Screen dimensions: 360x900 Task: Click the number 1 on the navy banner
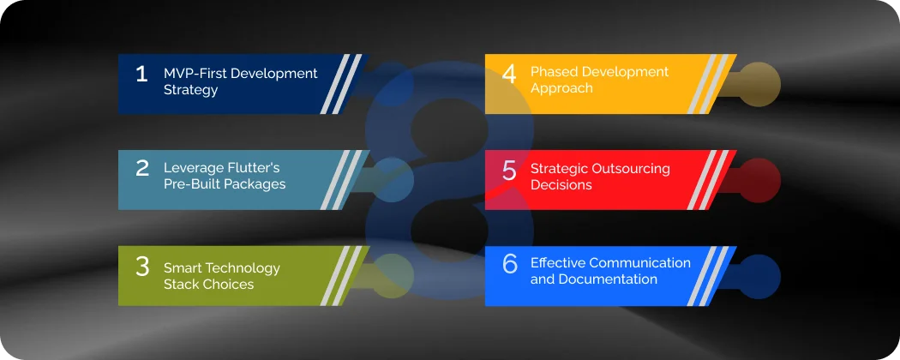coord(141,75)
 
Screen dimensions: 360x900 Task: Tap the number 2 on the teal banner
coord(142,169)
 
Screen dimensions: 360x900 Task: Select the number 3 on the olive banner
coord(142,267)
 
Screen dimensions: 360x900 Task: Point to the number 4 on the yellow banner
coord(509,75)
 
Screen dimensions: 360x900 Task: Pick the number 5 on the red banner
coord(509,171)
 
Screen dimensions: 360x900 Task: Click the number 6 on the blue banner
coord(510,264)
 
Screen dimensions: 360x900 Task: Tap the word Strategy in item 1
coord(190,89)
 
